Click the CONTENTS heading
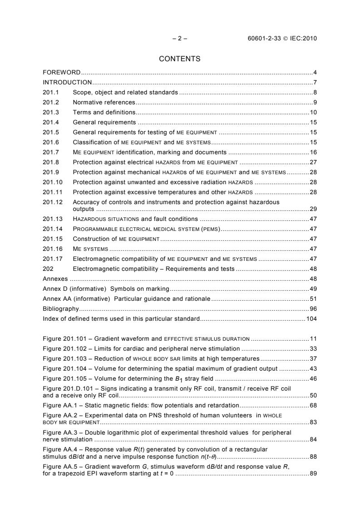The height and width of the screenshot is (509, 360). pos(180,59)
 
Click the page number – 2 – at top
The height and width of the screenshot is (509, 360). pos(180,39)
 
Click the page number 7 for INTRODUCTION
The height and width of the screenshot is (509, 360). pos(315,83)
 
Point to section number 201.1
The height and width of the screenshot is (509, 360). pos(49,93)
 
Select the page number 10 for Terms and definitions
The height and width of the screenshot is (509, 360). pos(313,112)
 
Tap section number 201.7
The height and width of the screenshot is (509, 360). pos(49,152)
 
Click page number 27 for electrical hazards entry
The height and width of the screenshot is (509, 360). pos(313,162)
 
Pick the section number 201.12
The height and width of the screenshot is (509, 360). pos(51,202)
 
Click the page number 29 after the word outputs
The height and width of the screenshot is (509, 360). pos(313,209)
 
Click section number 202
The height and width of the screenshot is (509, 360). pos(48,269)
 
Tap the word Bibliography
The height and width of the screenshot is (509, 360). pos(60,309)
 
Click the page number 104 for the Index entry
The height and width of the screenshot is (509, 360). pos(311,319)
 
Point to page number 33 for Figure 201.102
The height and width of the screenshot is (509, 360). pos(313,349)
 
